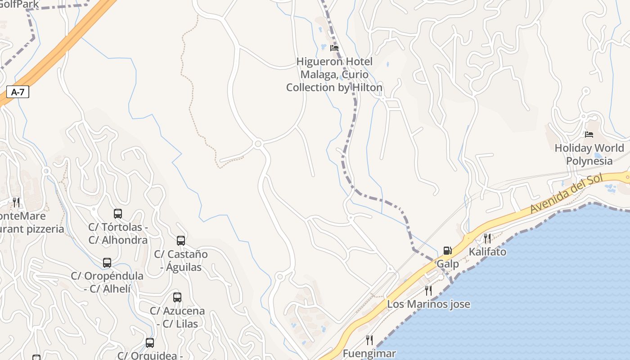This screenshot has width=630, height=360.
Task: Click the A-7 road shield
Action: pyautogui.click(x=18, y=92)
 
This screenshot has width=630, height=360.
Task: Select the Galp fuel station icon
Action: pyautogui.click(x=447, y=251)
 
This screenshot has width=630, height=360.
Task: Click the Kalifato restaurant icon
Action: pyautogui.click(x=487, y=238)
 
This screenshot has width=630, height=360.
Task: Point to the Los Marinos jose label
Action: pyautogui.click(x=428, y=304)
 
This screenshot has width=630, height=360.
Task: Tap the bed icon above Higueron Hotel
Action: pyautogui.click(x=334, y=48)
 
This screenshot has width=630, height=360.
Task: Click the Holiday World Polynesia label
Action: pyautogui.click(x=589, y=154)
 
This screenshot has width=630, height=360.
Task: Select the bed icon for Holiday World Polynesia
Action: pyautogui.click(x=589, y=135)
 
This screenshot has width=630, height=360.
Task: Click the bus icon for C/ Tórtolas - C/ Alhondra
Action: pyautogui.click(x=118, y=214)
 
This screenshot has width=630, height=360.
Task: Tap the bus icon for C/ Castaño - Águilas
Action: pyautogui.click(x=181, y=241)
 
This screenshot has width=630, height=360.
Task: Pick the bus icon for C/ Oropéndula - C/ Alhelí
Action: pyautogui.click(x=107, y=262)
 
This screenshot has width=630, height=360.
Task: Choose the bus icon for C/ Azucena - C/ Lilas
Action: pyautogui.click(x=177, y=297)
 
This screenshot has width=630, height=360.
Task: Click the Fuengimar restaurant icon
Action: pyautogui.click(x=369, y=340)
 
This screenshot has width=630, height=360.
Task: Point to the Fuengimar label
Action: pyautogui.click(x=369, y=354)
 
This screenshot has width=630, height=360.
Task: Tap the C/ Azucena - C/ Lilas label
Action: pyautogui.click(x=177, y=317)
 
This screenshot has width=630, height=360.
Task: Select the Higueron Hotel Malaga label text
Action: pyautogui.click(x=334, y=74)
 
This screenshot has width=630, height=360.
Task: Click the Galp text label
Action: pyautogui.click(x=448, y=264)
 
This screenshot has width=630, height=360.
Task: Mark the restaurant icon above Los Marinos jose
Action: pyautogui.click(x=428, y=291)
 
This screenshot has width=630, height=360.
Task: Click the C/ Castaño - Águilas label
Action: pyautogui.click(x=181, y=261)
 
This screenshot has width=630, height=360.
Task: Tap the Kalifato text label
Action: pyautogui.click(x=487, y=252)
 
